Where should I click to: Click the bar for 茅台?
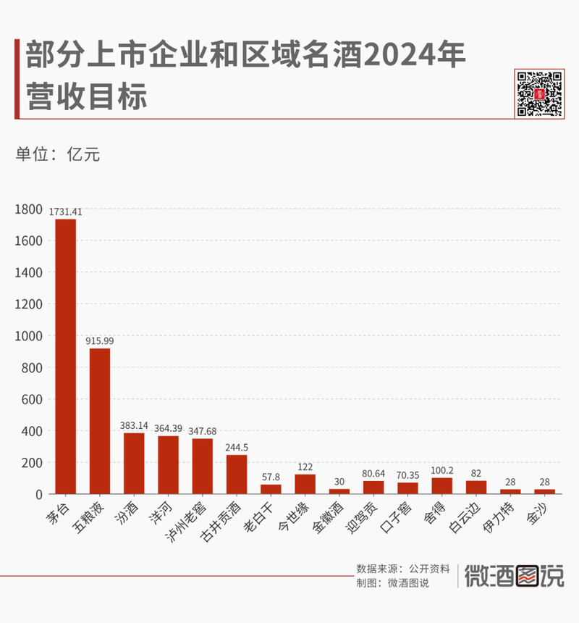pos(66,356)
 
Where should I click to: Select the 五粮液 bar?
pos(100,421)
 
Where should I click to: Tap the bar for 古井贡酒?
pos(237,474)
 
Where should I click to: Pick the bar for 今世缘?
pos(305,484)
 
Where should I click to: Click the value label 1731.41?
pos(66,212)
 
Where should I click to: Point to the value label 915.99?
pos(100,340)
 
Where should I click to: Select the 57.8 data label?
pos(271,477)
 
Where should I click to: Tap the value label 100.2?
pos(441,470)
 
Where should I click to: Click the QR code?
pos(539,93)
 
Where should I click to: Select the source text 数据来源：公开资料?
pos(403,569)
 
